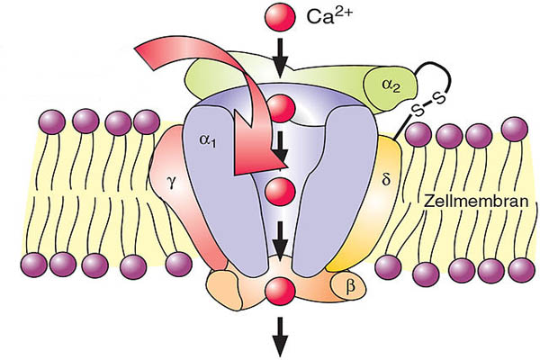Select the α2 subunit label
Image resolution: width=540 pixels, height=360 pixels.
[390, 85]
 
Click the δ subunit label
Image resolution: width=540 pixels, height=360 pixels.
[386, 179]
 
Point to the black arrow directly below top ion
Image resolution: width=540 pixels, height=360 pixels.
[281, 56]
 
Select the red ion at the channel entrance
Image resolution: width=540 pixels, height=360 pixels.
[281, 108]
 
